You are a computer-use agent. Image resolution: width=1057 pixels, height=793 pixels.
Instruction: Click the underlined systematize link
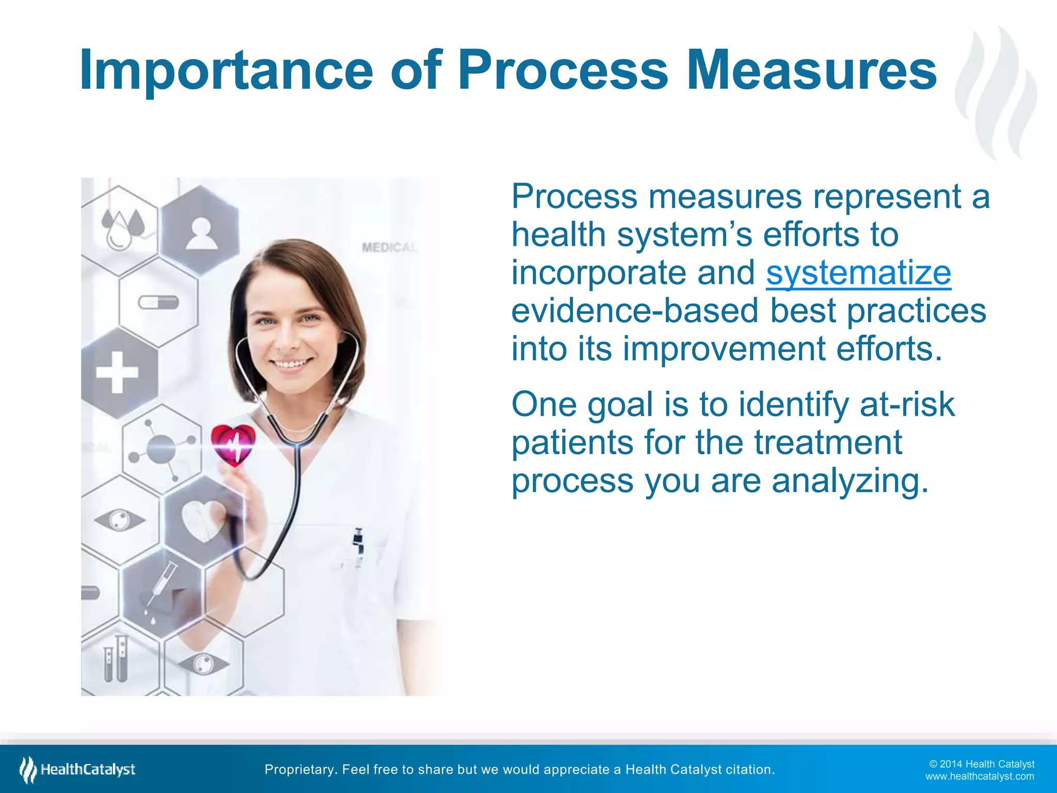click(x=858, y=273)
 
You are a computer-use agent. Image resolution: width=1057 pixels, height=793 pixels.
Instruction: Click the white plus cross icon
click(x=118, y=372)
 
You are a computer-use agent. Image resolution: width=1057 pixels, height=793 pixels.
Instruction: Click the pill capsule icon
click(x=158, y=302)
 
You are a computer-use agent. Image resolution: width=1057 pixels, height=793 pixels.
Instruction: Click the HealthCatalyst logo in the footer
click(x=77, y=770)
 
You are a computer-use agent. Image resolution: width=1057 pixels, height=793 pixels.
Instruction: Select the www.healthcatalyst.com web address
click(x=979, y=776)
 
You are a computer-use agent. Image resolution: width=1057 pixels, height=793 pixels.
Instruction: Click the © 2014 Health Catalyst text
click(x=981, y=764)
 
